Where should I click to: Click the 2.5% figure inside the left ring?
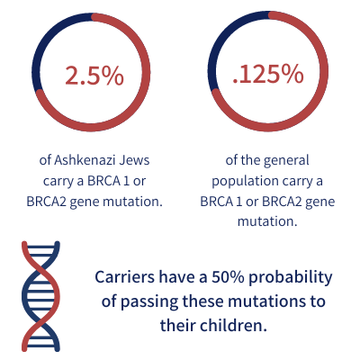tap(94, 75)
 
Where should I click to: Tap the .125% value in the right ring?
tap(268, 74)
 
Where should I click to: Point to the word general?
tap(286, 161)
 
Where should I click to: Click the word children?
tap(233, 325)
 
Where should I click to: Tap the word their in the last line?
tap(178, 325)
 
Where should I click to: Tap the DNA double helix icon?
tap(40, 296)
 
